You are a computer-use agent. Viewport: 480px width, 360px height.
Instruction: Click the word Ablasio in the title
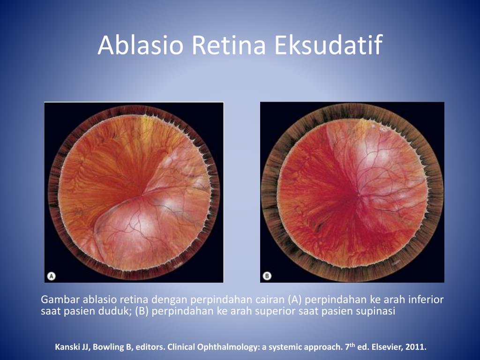pyautogui.click(x=141, y=45)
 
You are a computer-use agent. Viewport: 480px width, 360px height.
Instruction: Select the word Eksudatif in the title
pyautogui.click(x=328, y=45)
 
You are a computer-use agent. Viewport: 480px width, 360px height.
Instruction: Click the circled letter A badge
pyautogui.click(x=52, y=276)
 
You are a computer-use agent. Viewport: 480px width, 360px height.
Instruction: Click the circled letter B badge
pyautogui.click(x=267, y=276)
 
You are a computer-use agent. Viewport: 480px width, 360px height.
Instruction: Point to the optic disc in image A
pyautogui.click(x=142, y=194)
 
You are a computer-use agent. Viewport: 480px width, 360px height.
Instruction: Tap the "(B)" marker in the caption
pyautogui.click(x=142, y=311)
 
